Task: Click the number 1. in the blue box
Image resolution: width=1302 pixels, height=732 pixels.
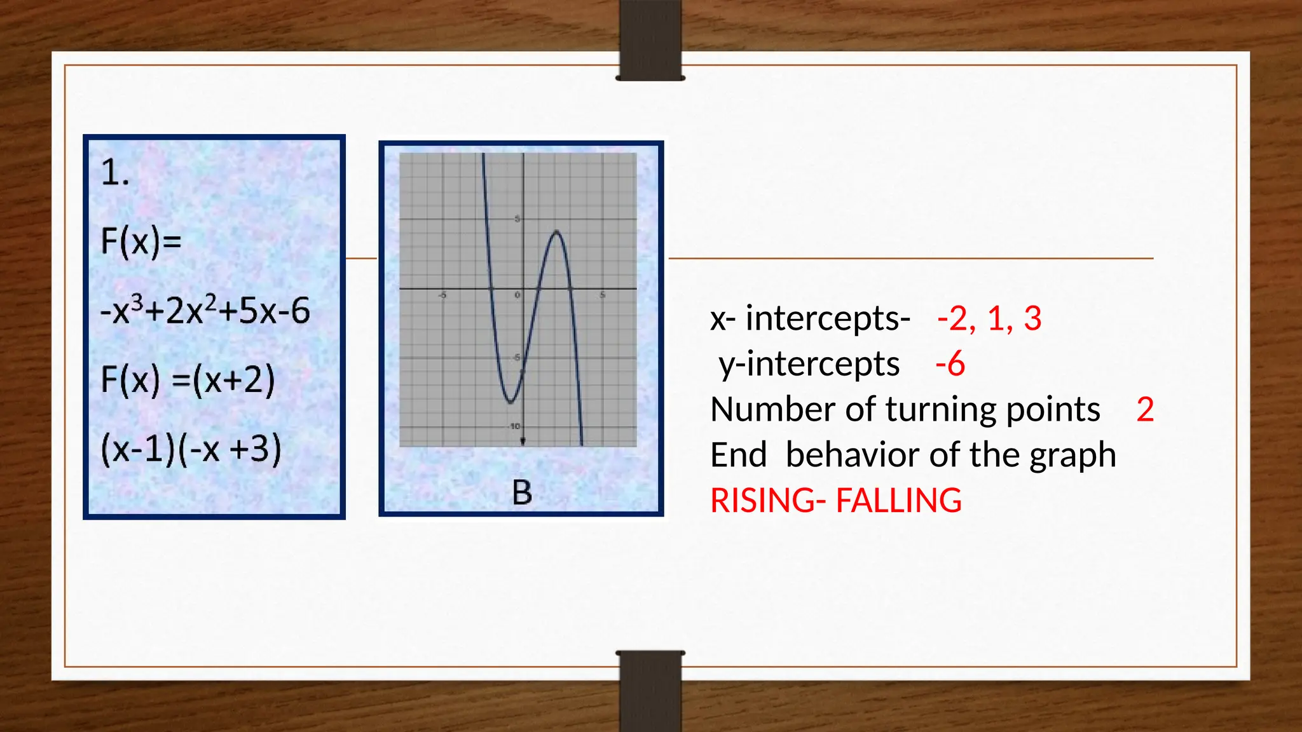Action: pyautogui.click(x=115, y=173)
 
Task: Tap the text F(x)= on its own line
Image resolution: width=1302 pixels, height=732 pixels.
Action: pyautogui.click(x=141, y=241)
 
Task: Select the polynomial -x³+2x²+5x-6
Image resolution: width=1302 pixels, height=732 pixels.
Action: pyautogui.click(x=205, y=311)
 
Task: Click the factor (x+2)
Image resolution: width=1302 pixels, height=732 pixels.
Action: pyautogui.click(x=233, y=380)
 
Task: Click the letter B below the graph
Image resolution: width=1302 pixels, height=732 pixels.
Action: pyautogui.click(x=522, y=492)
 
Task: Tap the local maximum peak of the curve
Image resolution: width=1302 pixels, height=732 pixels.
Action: pyautogui.click(x=556, y=232)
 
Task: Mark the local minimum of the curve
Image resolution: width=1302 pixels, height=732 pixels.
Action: pyautogui.click(x=511, y=402)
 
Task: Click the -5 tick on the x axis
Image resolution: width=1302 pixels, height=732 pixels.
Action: pyautogui.click(x=442, y=295)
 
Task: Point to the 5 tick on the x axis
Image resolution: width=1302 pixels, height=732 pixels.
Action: pyautogui.click(x=602, y=295)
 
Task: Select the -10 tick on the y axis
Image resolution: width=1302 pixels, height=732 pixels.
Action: pyautogui.click(x=514, y=426)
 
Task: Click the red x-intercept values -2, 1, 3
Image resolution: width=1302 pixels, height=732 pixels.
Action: pyautogui.click(x=989, y=318)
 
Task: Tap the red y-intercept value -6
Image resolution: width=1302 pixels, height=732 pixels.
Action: pyautogui.click(x=950, y=364)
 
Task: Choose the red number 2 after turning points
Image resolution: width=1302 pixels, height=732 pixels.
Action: pyautogui.click(x=1145, y=410)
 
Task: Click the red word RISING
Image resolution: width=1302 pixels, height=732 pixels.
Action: pyautogui.click(x=764, y=501)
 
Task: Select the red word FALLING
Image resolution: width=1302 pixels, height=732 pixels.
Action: pyautogui.click(x=898, y=501)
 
